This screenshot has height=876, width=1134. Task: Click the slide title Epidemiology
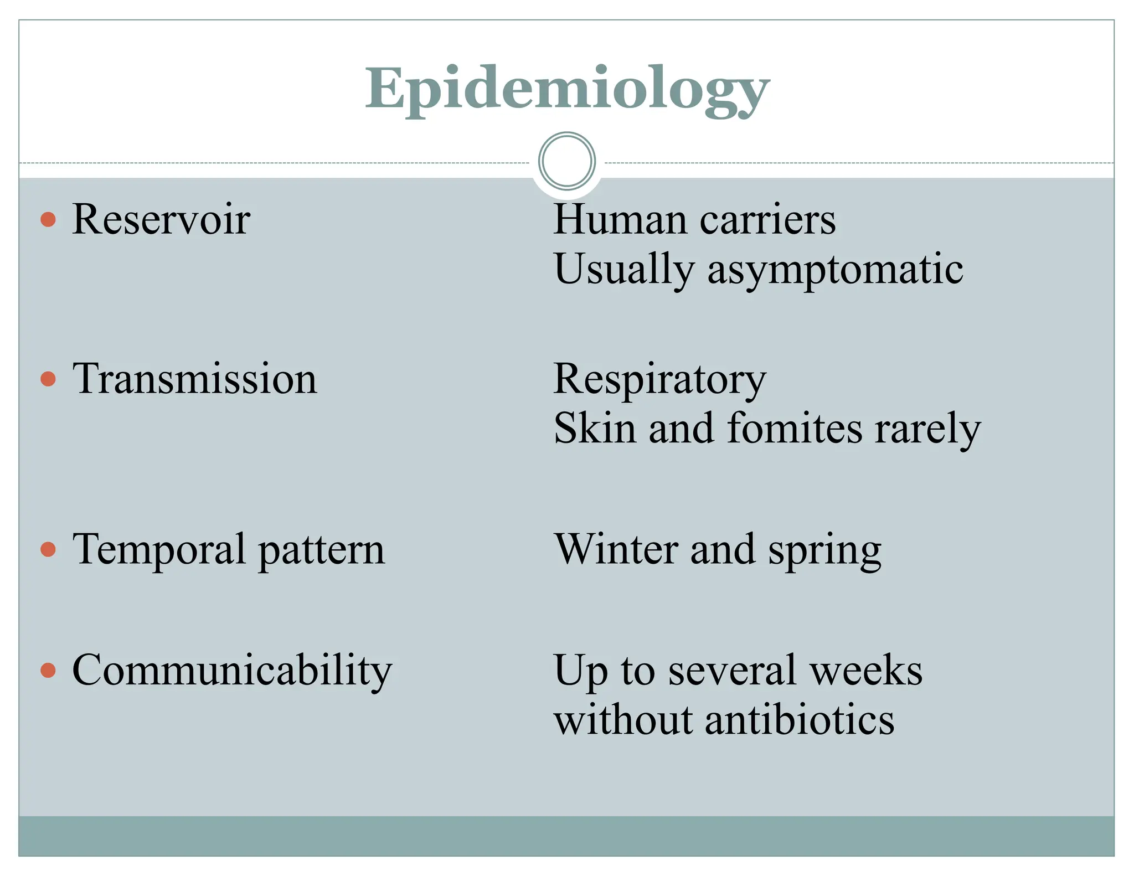point(567,90)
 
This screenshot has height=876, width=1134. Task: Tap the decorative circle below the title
point(566,161)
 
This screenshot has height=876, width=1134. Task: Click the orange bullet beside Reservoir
point(49,219)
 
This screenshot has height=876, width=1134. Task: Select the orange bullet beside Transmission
point(49,379)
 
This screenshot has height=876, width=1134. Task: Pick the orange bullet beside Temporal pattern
point(49,549)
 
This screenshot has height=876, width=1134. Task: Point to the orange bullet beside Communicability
point(49,670)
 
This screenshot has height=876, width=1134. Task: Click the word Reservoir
point(161,219)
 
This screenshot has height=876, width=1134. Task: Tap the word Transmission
point(195,379)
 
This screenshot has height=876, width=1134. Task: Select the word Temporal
point(159,549)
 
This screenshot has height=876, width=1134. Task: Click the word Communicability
point(232,670)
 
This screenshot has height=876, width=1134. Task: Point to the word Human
point(621,219)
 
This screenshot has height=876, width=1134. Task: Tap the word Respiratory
point(659,380)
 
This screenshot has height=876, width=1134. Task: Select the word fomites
point(795,429)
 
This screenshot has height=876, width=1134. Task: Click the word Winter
point(616,549)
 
